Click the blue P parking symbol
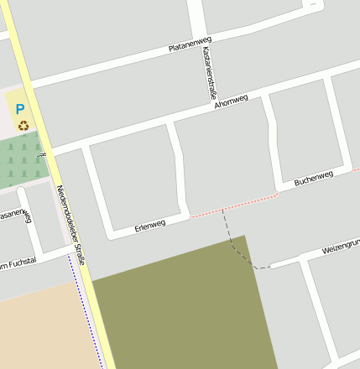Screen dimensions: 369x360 point(20,108)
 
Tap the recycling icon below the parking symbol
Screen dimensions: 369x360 point(23,126)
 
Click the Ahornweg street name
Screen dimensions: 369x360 point(231,101)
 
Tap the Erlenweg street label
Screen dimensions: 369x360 point(150,225)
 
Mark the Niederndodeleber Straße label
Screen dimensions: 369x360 point(70,225)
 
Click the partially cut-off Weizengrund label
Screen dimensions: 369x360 point(341,247)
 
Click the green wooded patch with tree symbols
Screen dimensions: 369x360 point(22,159)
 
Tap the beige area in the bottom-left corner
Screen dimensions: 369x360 point(42,331)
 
